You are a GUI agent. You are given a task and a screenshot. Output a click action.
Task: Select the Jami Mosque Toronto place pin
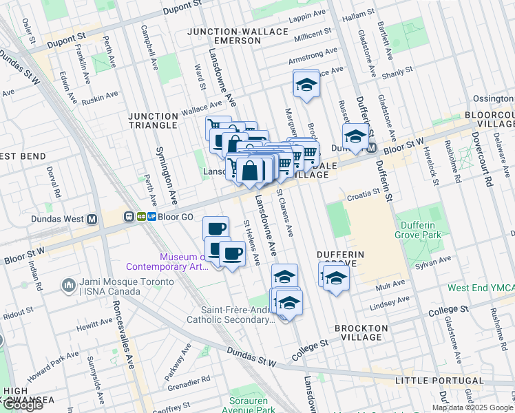click(x=68, y=284)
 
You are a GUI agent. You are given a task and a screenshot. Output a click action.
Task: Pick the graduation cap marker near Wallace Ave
click(x=306, y=85)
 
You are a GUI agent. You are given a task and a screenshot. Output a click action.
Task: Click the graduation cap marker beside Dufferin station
click(x=355, y=136)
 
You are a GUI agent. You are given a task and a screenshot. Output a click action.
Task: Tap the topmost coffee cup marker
click(x=216, y=229)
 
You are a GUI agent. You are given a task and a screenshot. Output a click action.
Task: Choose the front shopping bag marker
click(x=250, y=170)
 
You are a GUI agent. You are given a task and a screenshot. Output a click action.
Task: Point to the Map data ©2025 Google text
click(x=472, y=407)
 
